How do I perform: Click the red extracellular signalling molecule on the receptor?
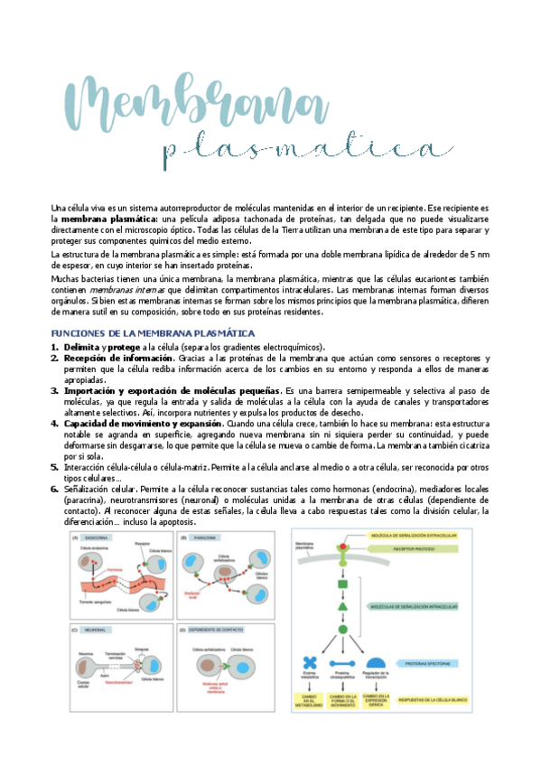[x=343, y=547]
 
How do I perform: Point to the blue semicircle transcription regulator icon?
[x=375, y=664]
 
